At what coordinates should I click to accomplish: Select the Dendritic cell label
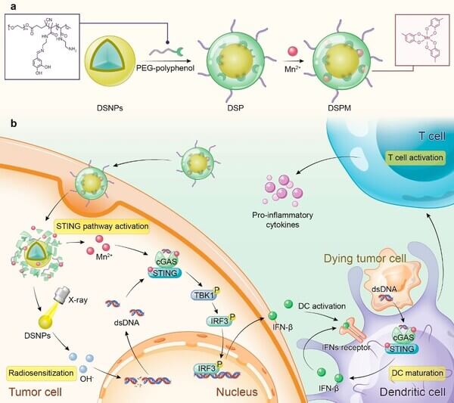(x=414, y=392)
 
